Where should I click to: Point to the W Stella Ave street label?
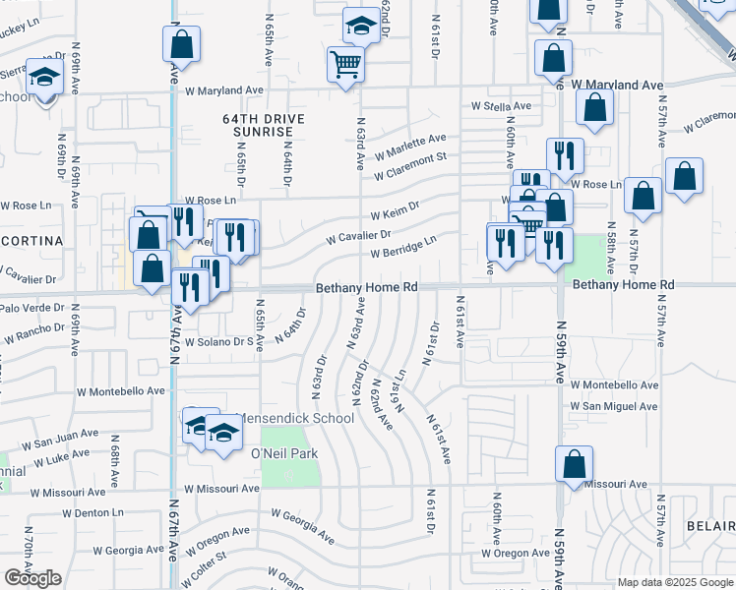tap(500, 105)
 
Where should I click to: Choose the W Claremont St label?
tap(410, 164)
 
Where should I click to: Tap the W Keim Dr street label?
tap(396, 212)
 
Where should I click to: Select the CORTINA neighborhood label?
tap(31, 240)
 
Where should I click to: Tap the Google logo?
tap(33, 578)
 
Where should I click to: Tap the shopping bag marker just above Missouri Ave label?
tap(574, 464)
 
